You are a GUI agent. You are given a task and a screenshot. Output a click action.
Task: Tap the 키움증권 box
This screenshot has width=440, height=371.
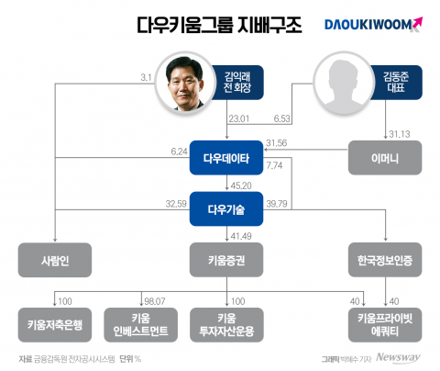pos(226,260)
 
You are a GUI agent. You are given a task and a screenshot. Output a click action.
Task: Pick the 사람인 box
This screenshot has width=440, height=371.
pos(56,260)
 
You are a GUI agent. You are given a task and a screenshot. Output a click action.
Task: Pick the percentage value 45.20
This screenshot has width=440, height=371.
pos(241,185)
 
